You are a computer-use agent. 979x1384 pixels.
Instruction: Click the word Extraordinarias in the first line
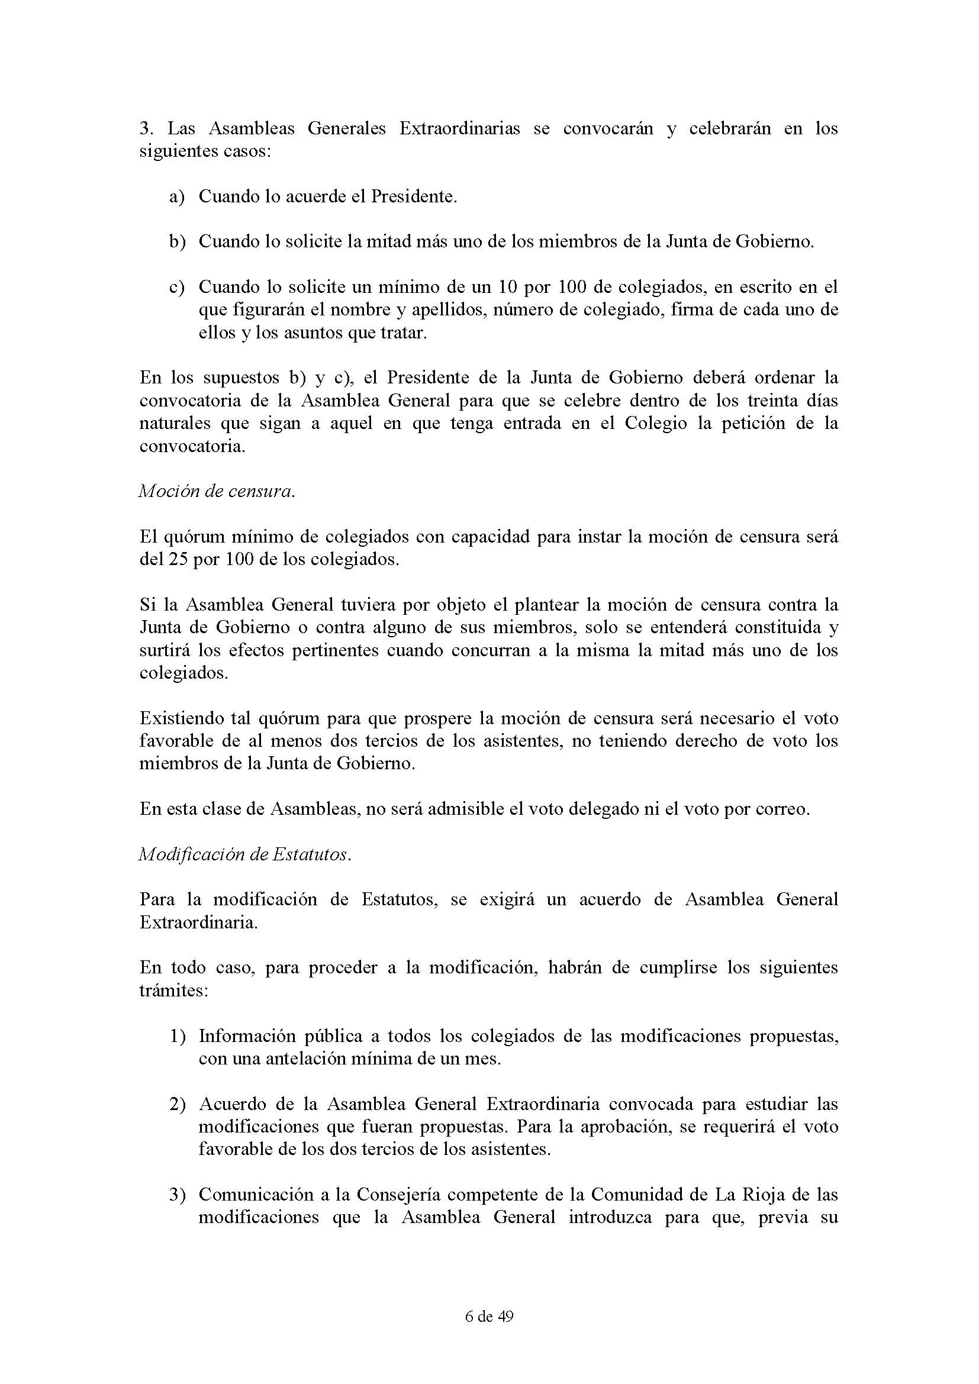[x=459, y=129]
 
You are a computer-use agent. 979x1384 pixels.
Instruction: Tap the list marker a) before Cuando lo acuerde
[x=176, y=197]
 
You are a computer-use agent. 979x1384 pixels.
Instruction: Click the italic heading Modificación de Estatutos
[x=244, y=855]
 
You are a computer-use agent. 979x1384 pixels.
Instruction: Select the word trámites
[x=173, y=991]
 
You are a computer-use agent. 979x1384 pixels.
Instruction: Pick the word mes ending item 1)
[x=486, y=1059]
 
